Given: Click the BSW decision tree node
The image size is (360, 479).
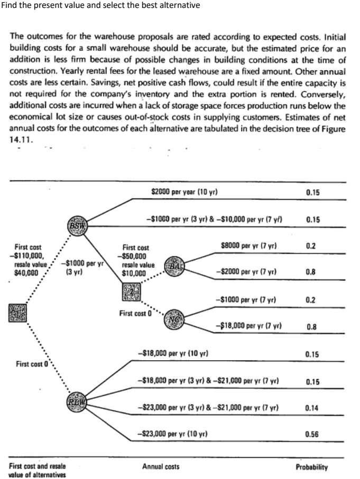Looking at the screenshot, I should (x=76, y=226).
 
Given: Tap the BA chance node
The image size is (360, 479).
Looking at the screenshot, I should (x=173, y=266).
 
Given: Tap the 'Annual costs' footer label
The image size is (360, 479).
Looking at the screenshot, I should (x=161, y=467).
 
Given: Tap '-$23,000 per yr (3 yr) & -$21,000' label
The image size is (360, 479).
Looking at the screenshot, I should (x=208, y=408).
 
